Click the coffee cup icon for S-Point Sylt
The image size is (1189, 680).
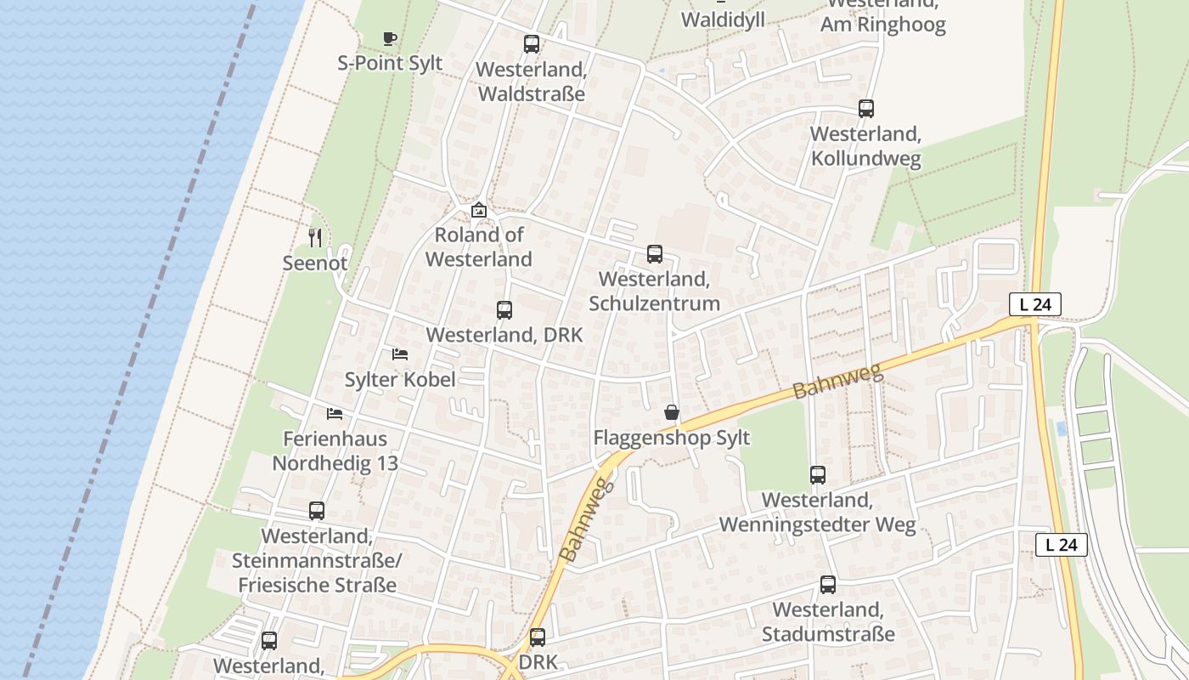tap(389, 38)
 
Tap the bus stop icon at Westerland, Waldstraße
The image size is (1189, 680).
tap(532, 44)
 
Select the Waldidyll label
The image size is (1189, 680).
tap(723, 19)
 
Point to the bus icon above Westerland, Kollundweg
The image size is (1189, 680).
tap(865, 109)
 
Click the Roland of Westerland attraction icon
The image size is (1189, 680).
tap(479, 209)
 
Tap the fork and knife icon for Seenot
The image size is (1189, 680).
tap(315, 237)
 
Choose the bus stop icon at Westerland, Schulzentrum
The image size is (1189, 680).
tap(654, 253)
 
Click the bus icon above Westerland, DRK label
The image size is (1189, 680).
tap(504, 310)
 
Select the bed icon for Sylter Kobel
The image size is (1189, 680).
tap(400, 354)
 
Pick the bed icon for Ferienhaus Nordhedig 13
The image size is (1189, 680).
tap(335, 414)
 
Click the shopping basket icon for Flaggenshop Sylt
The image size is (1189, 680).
tap(672, 412)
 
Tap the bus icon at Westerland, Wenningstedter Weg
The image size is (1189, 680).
tap(817, 475)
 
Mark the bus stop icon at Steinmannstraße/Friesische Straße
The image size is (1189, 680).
tap(317, 511)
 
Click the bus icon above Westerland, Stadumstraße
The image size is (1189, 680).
tap(828, 585)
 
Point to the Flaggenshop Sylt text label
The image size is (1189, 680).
tap(671, 438)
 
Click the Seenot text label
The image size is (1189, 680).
tap(315, 263)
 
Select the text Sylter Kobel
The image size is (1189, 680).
tap(400, 379)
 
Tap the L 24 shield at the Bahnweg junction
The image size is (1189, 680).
tap(1034, 304)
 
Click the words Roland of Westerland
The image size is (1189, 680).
tap(479, 246)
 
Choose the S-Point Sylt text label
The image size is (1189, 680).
tap(390, 63)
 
